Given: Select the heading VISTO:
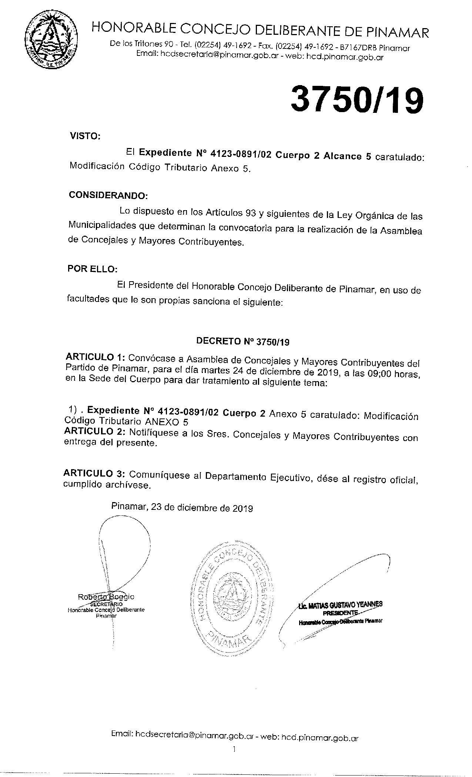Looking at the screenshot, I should pyautogui.click(x=85, y=137).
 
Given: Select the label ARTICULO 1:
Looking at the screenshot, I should pyautogui.click(x=96, y=358).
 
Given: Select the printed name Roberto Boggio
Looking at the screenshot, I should pyautogui.click(x=106, y=596).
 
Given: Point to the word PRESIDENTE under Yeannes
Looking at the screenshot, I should pyautogui.click(x=340, y=612).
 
